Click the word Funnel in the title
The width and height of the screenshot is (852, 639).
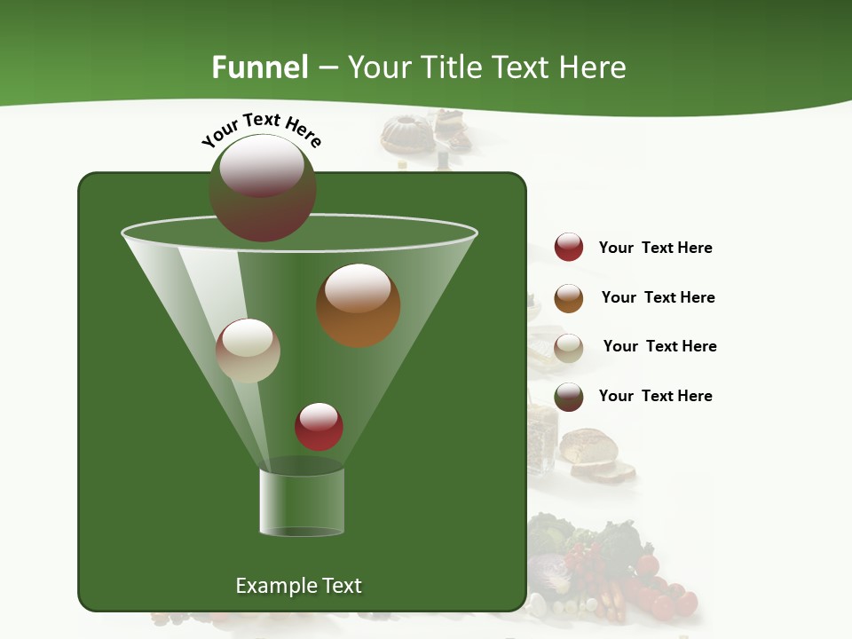259,67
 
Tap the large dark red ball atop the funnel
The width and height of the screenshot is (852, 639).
263,188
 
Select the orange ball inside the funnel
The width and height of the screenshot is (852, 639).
359,305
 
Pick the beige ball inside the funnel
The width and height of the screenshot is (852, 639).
248,351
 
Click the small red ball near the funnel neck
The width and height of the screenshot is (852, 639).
319,426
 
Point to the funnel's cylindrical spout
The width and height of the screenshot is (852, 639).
302,502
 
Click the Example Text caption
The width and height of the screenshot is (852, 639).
298,586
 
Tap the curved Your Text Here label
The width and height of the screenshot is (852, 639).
261,129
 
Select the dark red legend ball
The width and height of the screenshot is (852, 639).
569,247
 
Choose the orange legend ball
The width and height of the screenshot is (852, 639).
569,298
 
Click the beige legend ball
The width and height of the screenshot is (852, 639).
569,348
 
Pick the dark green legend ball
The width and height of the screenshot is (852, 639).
569,397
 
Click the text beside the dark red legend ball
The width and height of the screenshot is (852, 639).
655,248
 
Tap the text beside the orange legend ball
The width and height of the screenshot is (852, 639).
658,297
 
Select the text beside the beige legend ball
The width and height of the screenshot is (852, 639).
659,346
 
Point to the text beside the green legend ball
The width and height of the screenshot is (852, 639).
655,396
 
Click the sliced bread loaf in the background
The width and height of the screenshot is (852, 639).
596,454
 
